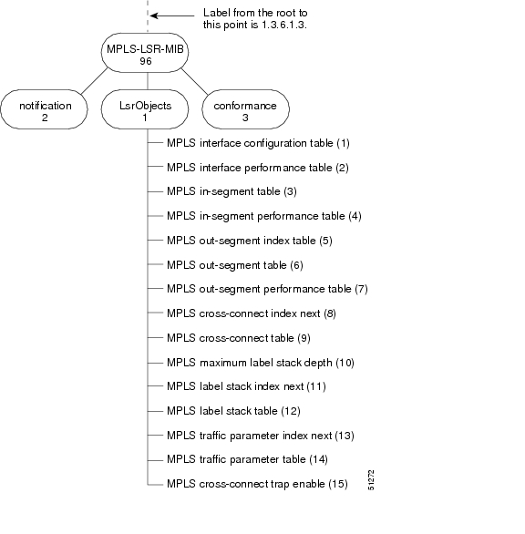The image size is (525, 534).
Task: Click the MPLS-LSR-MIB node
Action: point(145,53)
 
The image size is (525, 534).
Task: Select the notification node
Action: point(45,109)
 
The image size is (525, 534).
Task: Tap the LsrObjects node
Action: point(145,109)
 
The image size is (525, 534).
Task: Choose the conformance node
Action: point(245,109)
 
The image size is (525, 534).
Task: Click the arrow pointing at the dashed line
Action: point(172,15)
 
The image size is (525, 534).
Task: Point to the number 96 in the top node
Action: point(146,61)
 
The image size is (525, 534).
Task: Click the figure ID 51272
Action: point(371,480)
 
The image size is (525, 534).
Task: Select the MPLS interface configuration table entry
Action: point(258,143)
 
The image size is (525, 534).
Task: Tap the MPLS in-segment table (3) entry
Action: point(232,191)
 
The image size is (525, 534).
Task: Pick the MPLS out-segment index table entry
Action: point(250,241)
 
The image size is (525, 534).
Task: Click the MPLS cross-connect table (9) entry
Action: point(239,338)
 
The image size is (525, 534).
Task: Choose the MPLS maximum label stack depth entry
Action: point(261,363)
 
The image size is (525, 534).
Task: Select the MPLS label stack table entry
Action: point(233,411)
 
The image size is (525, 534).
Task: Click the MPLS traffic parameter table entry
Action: point(247,459)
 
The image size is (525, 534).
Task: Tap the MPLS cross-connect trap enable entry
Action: point(257,484)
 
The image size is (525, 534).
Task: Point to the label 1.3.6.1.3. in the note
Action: point(284,25)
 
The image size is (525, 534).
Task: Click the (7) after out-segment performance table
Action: point(361,289)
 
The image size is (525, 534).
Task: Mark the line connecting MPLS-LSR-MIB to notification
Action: point(95,81)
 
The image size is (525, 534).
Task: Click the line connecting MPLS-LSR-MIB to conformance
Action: point(194,81)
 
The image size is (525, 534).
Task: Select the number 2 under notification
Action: point(45,118)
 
